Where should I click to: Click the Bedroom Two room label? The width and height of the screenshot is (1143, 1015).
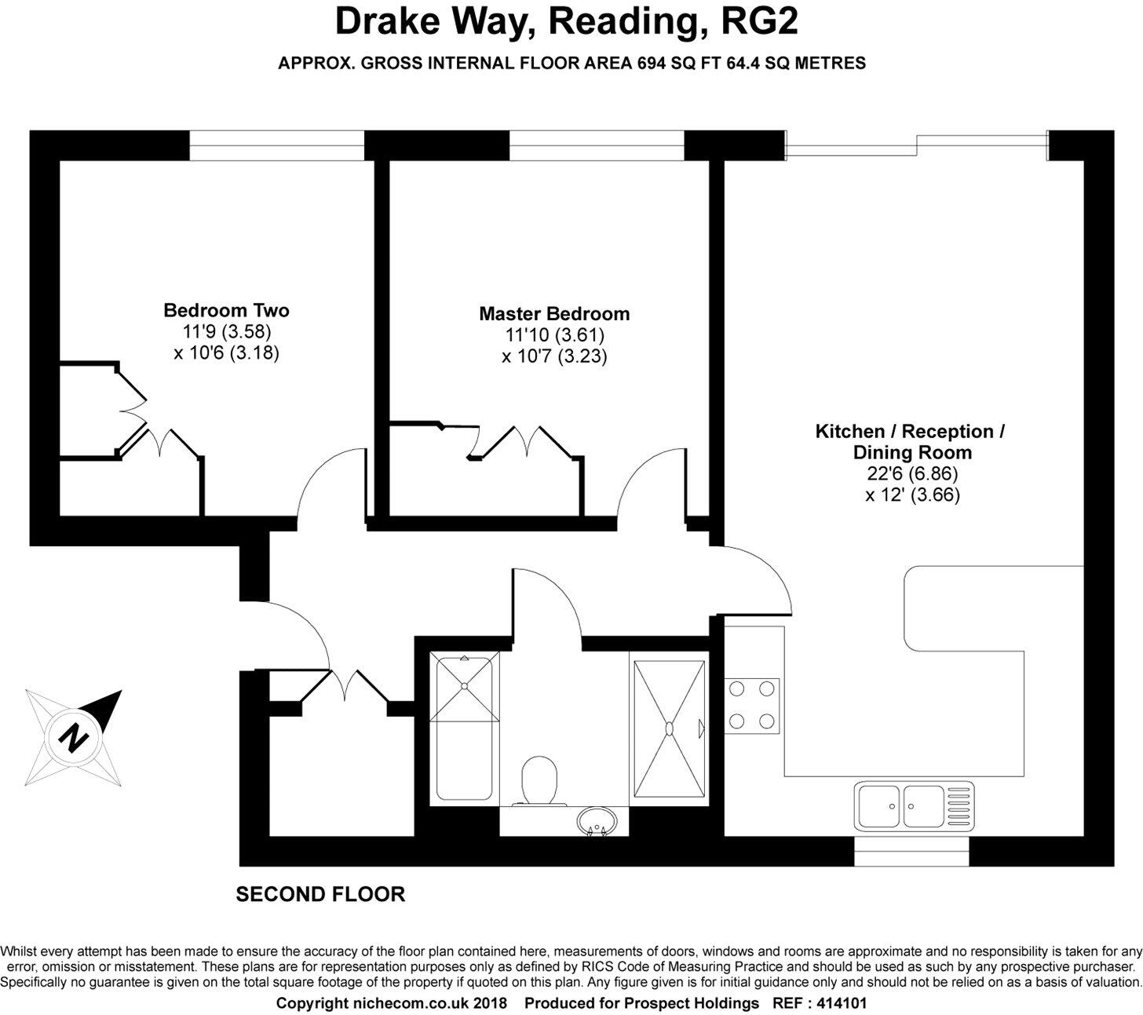coord(226,310)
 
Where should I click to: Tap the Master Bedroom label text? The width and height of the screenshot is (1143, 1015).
coord(554,314)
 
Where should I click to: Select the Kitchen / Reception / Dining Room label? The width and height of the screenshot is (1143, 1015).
coord(911,441)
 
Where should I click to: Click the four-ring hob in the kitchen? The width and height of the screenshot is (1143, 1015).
coord(752,705)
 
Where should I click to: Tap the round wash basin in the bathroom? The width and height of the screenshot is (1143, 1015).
coord(597,823)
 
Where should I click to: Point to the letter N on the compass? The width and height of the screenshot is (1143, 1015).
coord(74,738)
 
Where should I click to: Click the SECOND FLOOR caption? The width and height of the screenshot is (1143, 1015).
coord(320,894)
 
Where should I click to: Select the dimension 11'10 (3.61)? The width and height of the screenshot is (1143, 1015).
coord(554,335)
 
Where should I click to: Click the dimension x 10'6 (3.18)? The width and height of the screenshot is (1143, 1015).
coord(226,352)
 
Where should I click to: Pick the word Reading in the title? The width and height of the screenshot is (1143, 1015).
coord(623,21)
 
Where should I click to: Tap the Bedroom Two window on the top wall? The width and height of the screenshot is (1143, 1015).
coord(277,145)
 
